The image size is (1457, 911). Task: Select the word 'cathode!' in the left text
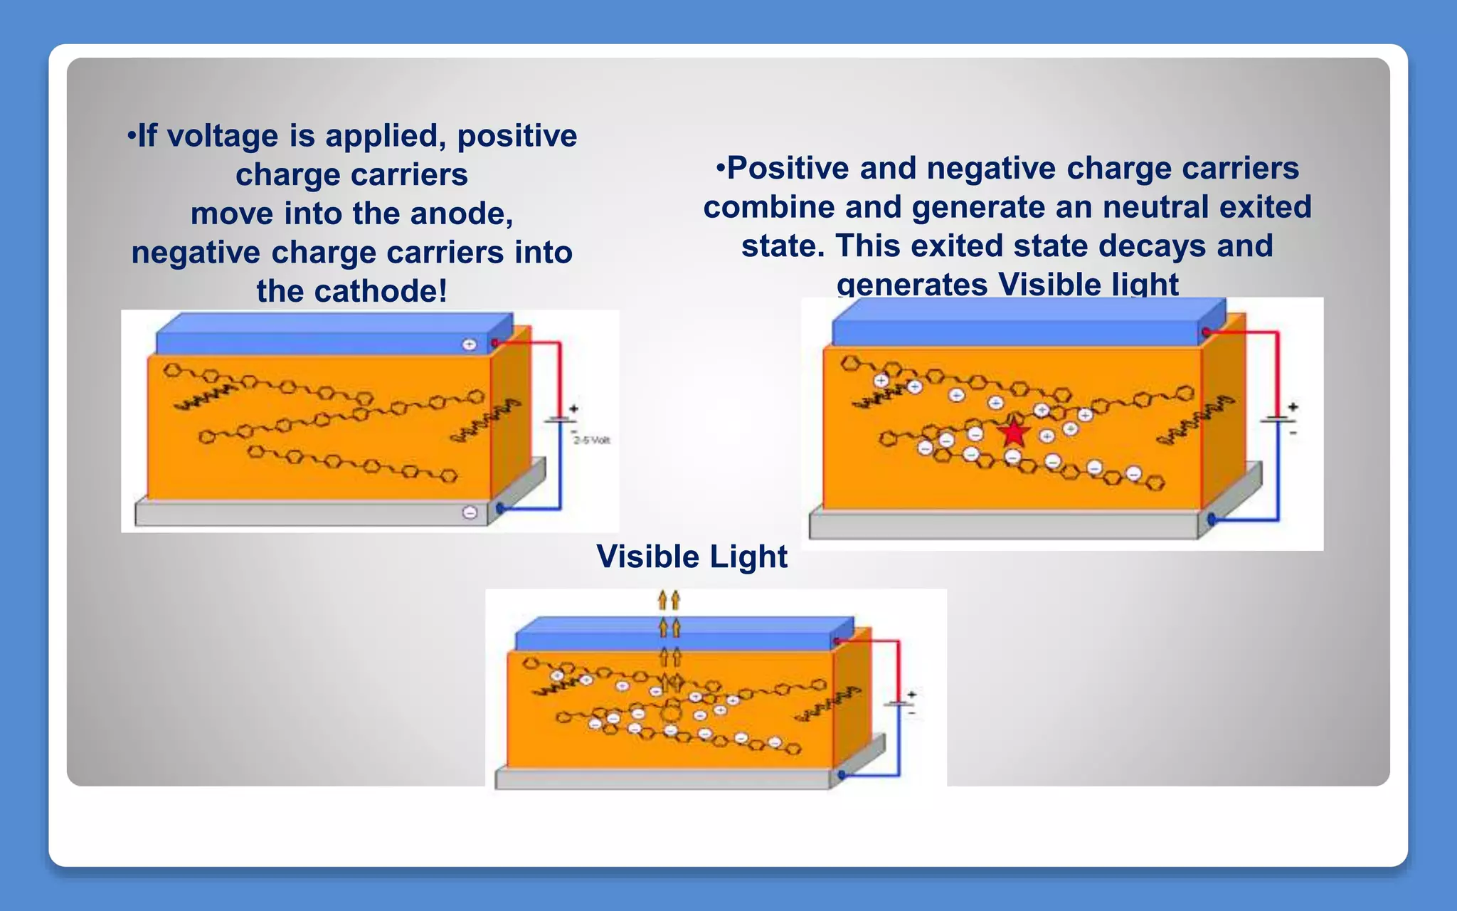click(381, 290)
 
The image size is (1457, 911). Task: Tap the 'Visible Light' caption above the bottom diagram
click(692, 556)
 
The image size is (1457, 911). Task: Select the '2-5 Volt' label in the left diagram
click(592, 440)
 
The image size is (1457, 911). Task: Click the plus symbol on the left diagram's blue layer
click(470, 344)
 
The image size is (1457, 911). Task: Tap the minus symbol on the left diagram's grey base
click(470, 512)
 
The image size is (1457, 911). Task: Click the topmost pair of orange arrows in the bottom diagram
click(669, 600)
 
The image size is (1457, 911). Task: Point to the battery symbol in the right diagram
click(1278, 418)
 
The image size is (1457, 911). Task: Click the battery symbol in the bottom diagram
click(899, 703)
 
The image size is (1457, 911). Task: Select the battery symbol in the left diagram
click(559, 419)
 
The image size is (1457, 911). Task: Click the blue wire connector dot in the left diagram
click(500, 508)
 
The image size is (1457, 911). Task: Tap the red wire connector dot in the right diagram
click(1206, 332)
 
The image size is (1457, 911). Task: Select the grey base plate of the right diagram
click(1003, 525)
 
